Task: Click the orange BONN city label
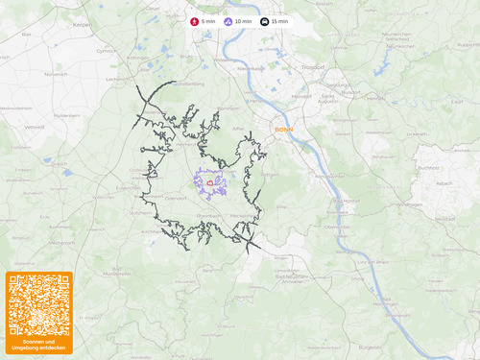tap(283, 128)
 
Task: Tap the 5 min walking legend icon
tap(195, 21)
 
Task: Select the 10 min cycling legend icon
tap(228, 21)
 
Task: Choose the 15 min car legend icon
tap(265, 21)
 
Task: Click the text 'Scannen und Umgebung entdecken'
tap(39, 345)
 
